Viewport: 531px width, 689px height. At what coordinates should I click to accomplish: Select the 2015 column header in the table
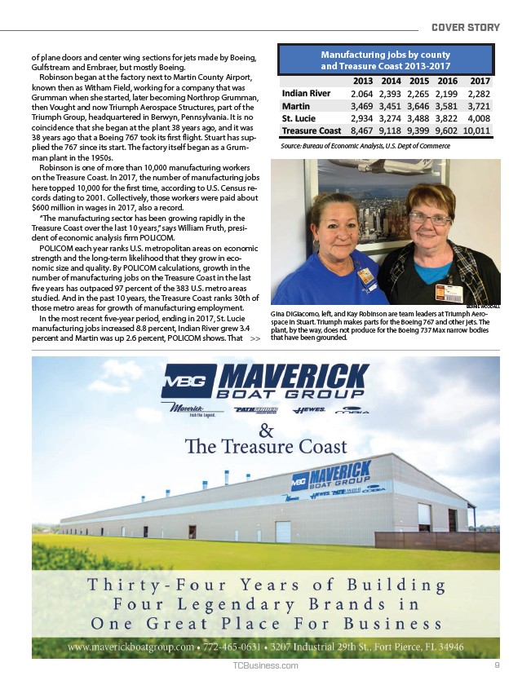tap(418, 81)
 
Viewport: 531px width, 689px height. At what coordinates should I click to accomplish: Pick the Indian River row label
tap(306, 93)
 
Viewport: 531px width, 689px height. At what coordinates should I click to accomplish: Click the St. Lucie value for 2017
tap(476, 117)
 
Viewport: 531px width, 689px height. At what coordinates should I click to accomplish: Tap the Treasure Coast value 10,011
tap(475, 130)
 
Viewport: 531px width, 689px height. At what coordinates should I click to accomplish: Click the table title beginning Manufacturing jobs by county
tap(386, 60)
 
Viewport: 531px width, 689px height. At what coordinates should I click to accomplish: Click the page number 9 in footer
tap(497, 665)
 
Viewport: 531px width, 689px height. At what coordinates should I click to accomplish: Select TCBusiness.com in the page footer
tap(265, 665)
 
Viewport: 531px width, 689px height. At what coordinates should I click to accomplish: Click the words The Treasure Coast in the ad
tap(266, 447)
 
